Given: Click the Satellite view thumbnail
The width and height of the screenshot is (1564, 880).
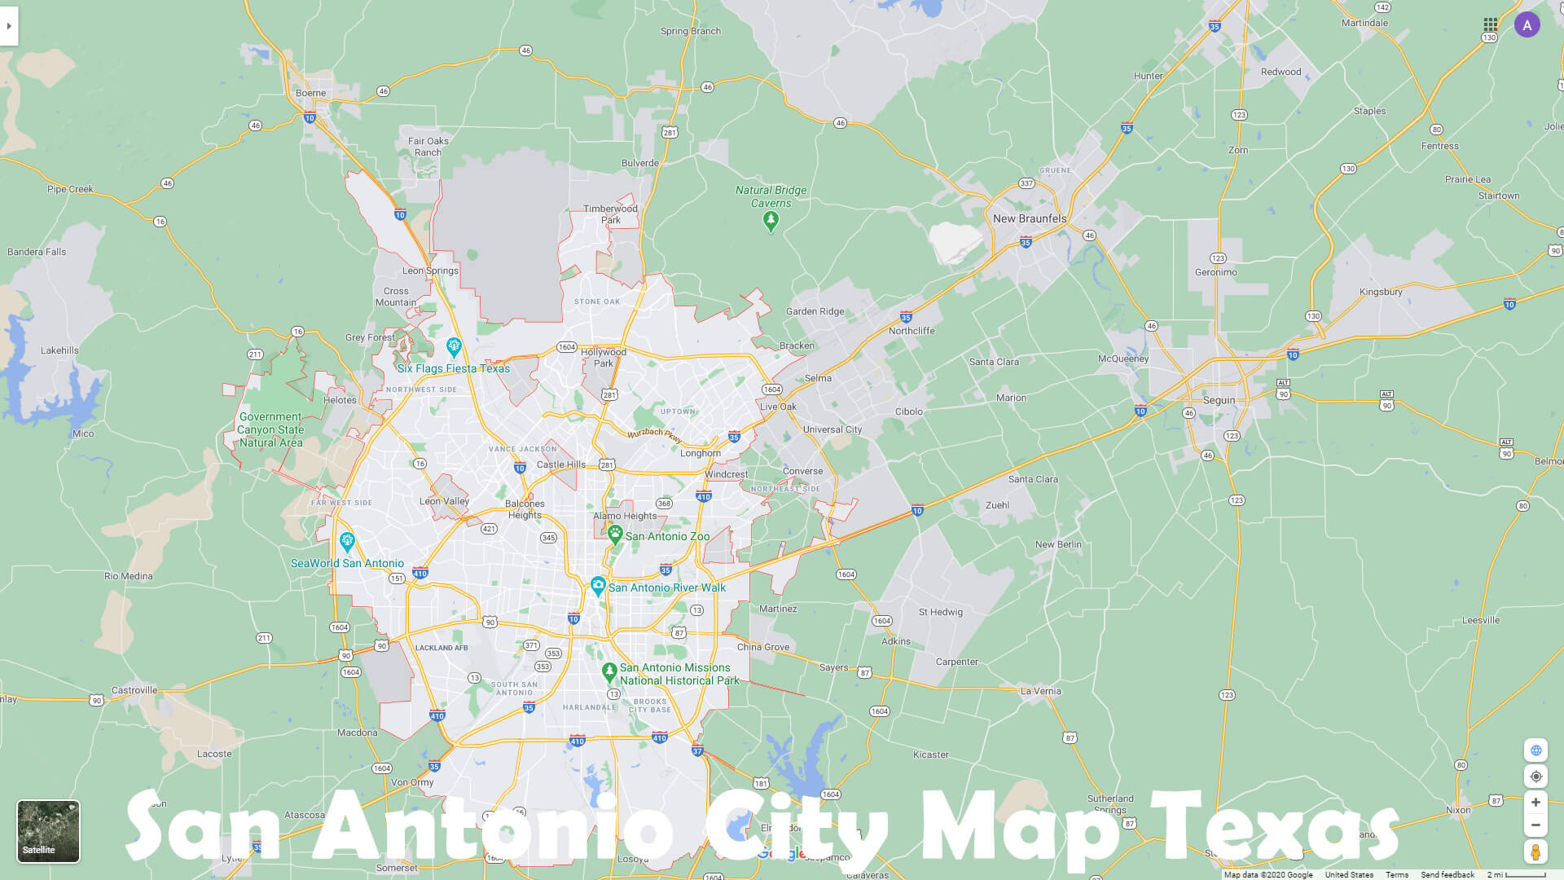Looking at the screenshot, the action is [48, 830].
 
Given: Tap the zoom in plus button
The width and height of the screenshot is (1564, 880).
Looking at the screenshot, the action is [1535, 803].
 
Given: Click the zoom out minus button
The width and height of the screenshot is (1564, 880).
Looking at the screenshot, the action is [1535, 825].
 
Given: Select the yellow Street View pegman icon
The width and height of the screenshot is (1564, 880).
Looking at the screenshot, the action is [1535, 852].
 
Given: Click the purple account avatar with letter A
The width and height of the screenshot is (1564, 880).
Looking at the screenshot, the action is [1527, 25].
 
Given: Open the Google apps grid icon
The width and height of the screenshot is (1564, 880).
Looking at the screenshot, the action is [1491, 25].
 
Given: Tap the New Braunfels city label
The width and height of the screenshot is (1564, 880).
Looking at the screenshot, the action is [1029, 218].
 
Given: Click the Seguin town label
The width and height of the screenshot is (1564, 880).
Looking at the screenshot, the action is [1219, 400].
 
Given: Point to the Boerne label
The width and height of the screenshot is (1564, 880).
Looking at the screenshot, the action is [310, 93].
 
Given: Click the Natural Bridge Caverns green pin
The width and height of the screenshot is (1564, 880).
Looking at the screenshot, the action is [771, 220].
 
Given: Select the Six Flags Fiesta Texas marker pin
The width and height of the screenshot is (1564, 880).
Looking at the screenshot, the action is [454, 347].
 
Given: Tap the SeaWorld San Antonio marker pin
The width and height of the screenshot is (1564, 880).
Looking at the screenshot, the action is [347, 541].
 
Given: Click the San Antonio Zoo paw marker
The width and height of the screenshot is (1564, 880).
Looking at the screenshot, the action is [615, 535].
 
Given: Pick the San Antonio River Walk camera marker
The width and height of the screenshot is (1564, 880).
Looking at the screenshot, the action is [598, 586].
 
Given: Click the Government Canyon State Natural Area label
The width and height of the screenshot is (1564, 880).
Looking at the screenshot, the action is [270, 429].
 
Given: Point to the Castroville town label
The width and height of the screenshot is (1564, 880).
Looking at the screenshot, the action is [134, 690].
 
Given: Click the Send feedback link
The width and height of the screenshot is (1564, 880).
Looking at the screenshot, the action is [1448, 874].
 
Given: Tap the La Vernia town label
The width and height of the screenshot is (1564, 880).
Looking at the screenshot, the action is [1041, 691].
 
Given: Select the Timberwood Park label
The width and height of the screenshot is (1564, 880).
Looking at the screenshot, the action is [610, 214].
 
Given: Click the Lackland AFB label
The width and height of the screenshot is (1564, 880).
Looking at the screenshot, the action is [442, 648].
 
